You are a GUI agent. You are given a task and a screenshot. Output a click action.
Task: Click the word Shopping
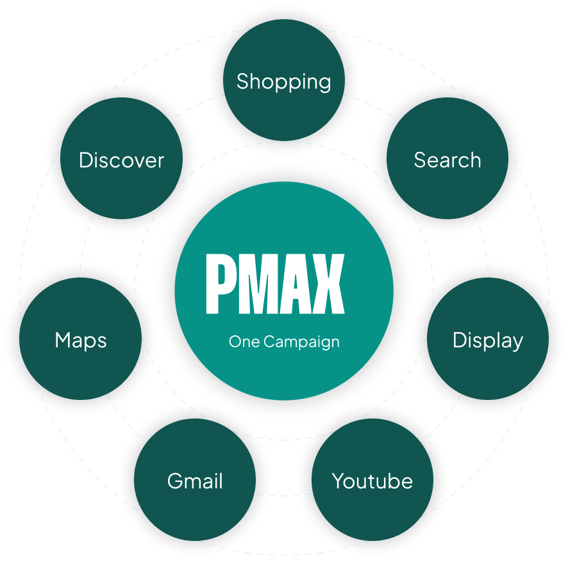283,82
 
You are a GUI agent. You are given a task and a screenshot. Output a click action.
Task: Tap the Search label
447,160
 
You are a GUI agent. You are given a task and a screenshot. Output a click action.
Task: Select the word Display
488,341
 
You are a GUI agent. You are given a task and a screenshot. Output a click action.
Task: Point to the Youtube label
372,481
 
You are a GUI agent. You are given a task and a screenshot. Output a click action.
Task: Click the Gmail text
195,481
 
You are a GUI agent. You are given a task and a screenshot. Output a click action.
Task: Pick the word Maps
81,341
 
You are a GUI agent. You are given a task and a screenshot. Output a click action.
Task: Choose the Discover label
121,160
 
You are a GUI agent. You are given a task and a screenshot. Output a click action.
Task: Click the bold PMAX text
275,284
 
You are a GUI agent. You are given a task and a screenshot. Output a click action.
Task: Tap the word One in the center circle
244,342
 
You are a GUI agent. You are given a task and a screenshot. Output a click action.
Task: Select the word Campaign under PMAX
301,342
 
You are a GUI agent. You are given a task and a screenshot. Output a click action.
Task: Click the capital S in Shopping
243,81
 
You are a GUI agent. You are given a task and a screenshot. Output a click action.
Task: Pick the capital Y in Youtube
339,481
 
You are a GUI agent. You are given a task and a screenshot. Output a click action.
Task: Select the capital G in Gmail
175,481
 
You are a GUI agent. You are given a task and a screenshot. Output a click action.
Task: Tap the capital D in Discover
87,160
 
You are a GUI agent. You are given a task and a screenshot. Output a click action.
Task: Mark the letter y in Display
517,344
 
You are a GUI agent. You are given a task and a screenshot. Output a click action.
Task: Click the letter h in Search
474,160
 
